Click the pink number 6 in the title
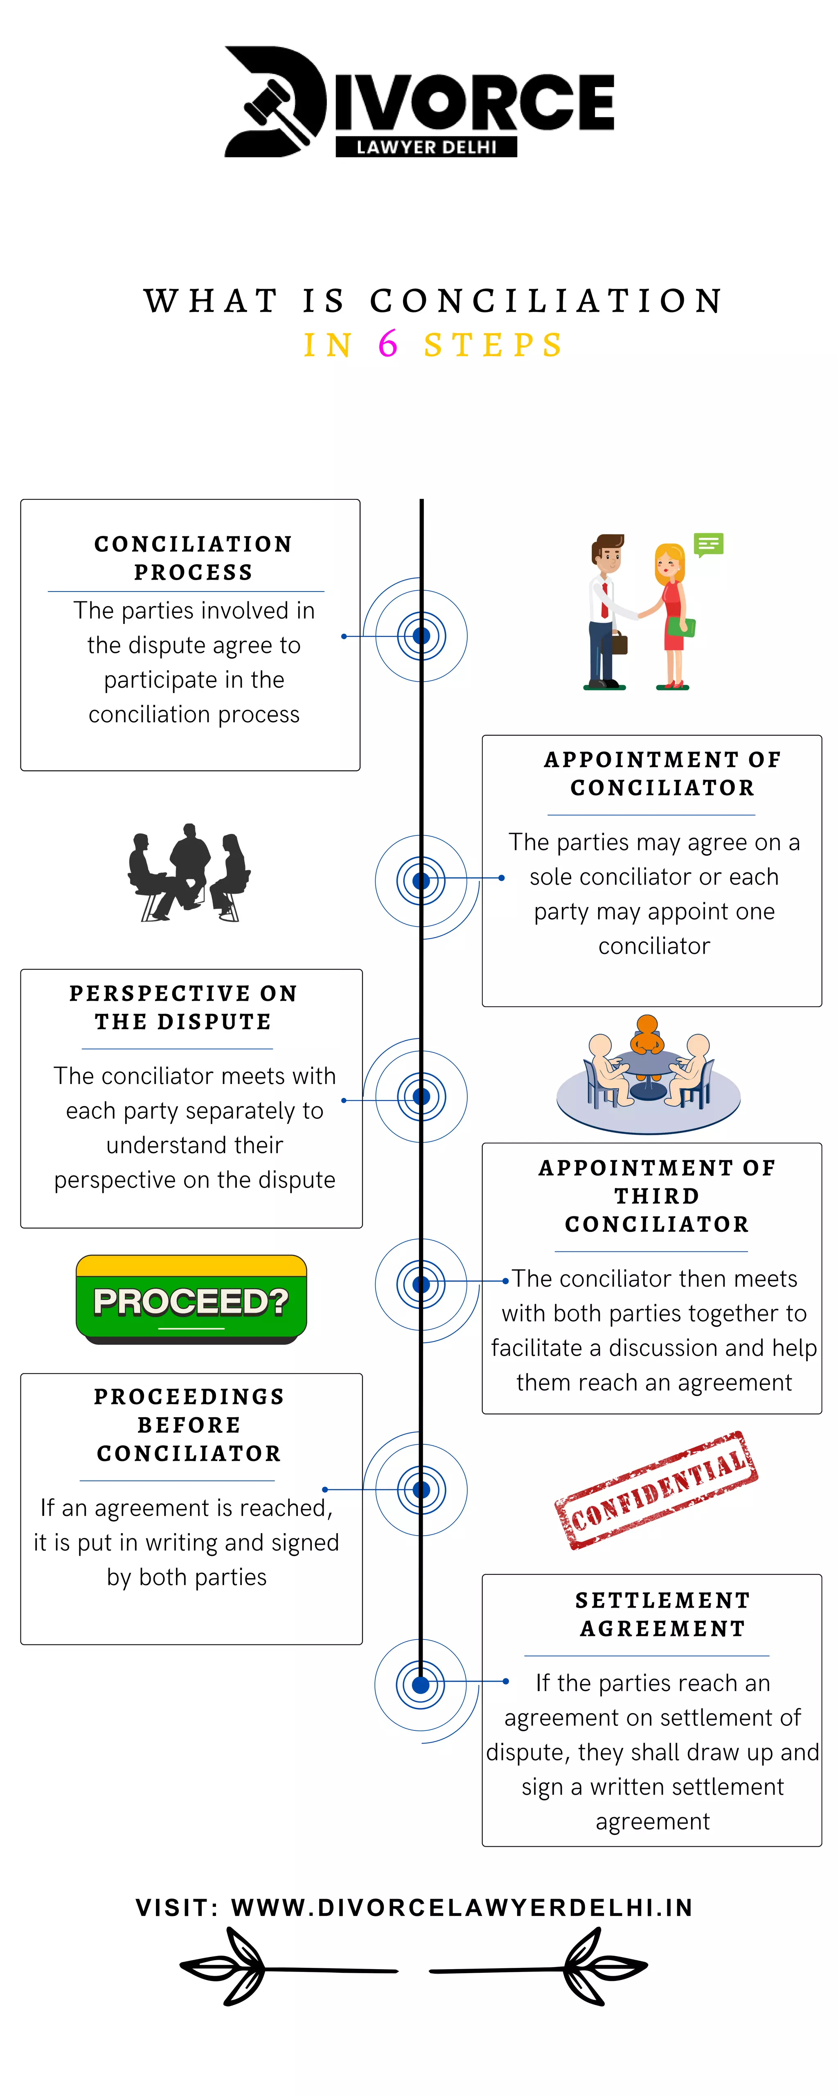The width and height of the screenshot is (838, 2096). pyautogui.click(x=388, y=344)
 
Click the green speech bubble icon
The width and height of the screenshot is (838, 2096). pyautogui.click(x=708, y=544)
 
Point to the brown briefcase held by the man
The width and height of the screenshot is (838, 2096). pyautogui.click(x=619, y=643)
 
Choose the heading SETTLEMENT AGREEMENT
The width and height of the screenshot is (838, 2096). pyautogui.click(x=662, y=1614)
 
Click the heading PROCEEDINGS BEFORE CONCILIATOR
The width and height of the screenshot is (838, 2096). pyautogui.click(x=189, y=1425)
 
